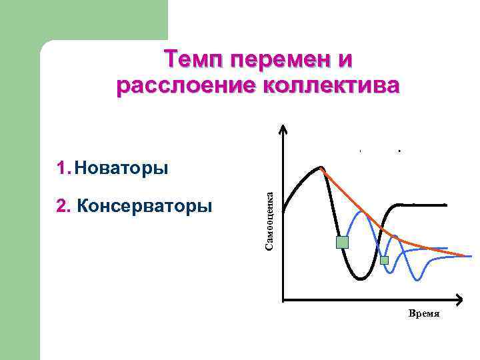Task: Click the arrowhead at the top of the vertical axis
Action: coord(284,129)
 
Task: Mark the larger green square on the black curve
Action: coord(342,242)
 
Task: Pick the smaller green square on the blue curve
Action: coord(384,261)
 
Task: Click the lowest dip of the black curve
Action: coord(359,279)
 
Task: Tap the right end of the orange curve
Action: coord(465,255)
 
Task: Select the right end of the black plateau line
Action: coord(445,204)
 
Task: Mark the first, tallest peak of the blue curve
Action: coord(362,211)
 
